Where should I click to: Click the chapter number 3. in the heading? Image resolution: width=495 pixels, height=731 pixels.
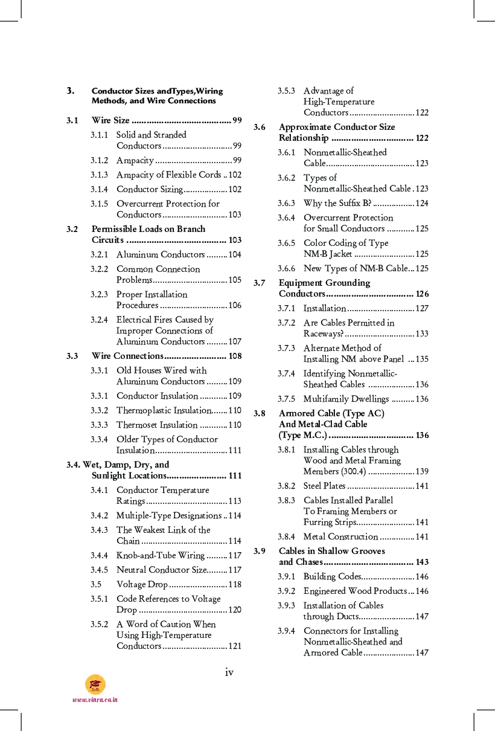click(71, 91)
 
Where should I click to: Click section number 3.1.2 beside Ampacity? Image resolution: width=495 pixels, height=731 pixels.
click(100, 160)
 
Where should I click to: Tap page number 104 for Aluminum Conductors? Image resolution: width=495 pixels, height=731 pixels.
click(235, 255)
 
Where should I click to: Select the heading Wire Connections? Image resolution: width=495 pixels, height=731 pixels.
click(127, 356)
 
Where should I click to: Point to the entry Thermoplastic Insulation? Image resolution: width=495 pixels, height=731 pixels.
click(163, 410)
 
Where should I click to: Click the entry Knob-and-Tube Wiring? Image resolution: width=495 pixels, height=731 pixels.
click(160, 555)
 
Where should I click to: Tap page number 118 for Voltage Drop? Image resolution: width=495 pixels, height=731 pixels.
click(235, 584)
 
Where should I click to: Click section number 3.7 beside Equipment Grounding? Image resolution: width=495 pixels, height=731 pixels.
click(260, 283)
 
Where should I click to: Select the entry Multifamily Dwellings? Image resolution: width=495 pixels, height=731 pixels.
click(346, 399)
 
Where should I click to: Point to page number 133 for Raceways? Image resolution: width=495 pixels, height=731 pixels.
click(422, 333)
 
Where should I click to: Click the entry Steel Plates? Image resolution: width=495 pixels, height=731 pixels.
click(324, 486)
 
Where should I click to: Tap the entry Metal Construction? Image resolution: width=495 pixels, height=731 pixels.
click(340, 536)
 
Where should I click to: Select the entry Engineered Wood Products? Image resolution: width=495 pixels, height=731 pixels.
click(355, 591)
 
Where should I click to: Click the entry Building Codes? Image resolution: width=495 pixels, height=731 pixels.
click(332, 576)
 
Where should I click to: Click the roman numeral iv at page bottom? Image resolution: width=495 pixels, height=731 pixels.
click(229, 672)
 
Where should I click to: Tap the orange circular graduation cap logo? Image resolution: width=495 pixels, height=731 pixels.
click(95, 684)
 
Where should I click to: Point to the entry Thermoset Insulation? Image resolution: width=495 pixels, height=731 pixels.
click(157, 425)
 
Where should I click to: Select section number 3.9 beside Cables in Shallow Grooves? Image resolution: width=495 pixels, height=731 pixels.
click(260, 551)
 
